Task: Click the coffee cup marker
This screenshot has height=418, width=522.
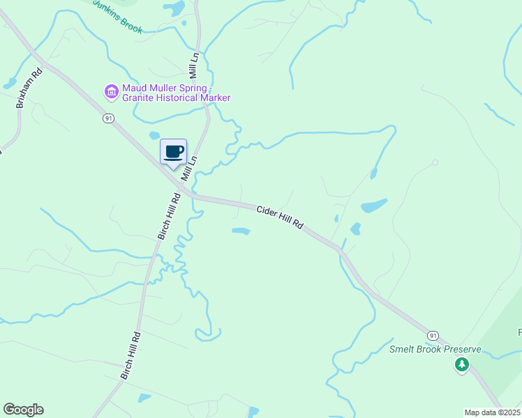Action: tap(174, 152)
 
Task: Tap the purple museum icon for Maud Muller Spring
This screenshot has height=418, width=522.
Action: tap(111, 91)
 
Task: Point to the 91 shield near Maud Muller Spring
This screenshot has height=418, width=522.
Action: tap(107, 119)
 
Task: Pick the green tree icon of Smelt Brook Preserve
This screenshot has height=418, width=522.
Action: tap(461, 364)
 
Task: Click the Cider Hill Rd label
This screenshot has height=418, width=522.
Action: tap(280, 217)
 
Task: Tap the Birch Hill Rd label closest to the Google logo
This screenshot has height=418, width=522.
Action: tap(131, 355)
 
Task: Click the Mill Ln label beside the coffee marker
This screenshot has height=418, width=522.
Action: tap(188, 169)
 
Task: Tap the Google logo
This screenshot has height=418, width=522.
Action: tap(23, 410)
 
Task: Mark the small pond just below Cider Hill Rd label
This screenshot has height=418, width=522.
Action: tap(241, 231)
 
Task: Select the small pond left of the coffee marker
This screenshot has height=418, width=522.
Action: tap(154, 135)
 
